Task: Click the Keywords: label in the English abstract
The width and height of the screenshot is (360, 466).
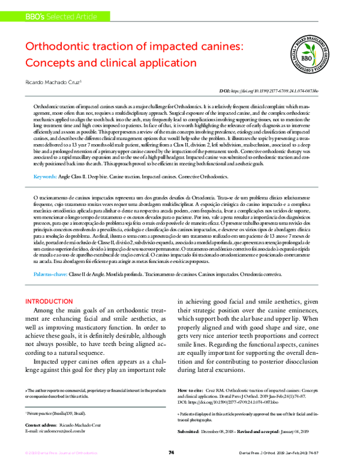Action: point(45,160)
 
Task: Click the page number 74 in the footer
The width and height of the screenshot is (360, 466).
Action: point(171,452)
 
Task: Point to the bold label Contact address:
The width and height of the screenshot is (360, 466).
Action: point(43,423)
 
